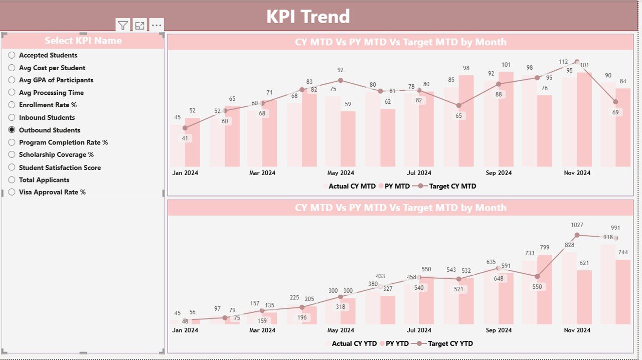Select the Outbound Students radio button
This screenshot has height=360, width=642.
coord(12,130)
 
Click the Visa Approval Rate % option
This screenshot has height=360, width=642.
coord(52,192)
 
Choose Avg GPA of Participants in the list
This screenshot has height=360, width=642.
coord(56,80)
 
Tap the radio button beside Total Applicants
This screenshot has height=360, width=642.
coord(12,179)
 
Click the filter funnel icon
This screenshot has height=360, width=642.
coord(123,25)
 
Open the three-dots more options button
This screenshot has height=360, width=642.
coord(156,25)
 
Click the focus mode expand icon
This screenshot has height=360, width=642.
coord(139,25)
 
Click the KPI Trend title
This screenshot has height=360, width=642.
coord(308,17)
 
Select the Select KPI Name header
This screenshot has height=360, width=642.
coord(83,41)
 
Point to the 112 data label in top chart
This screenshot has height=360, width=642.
coord(563,62)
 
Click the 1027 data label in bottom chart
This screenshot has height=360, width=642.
coord(577,226)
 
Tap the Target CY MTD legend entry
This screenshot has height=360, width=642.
coord(452,186)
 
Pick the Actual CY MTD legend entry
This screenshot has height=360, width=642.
coord(352,186)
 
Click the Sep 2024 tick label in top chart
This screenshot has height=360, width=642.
coord(499,173)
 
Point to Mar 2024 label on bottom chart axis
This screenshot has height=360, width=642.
coord(262,330)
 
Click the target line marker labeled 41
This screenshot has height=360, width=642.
coord(185,129)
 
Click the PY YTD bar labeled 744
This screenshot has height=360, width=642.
coord(623,291)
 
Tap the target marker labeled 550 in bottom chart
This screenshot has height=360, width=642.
coord(537,276)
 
